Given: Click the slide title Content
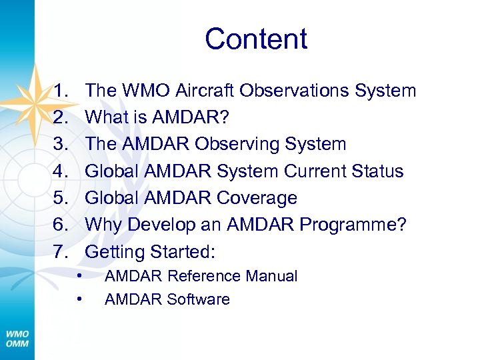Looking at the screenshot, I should click(x=256, y=39).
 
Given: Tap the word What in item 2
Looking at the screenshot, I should click(x=109, y=117).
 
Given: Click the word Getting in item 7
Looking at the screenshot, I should click(x=115, y=252).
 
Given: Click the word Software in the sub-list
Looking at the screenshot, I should click(x=198, y=299).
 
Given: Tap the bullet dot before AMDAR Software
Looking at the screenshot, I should click(x=79, y=299).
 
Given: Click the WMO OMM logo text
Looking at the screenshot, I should click(x=17, y=338).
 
